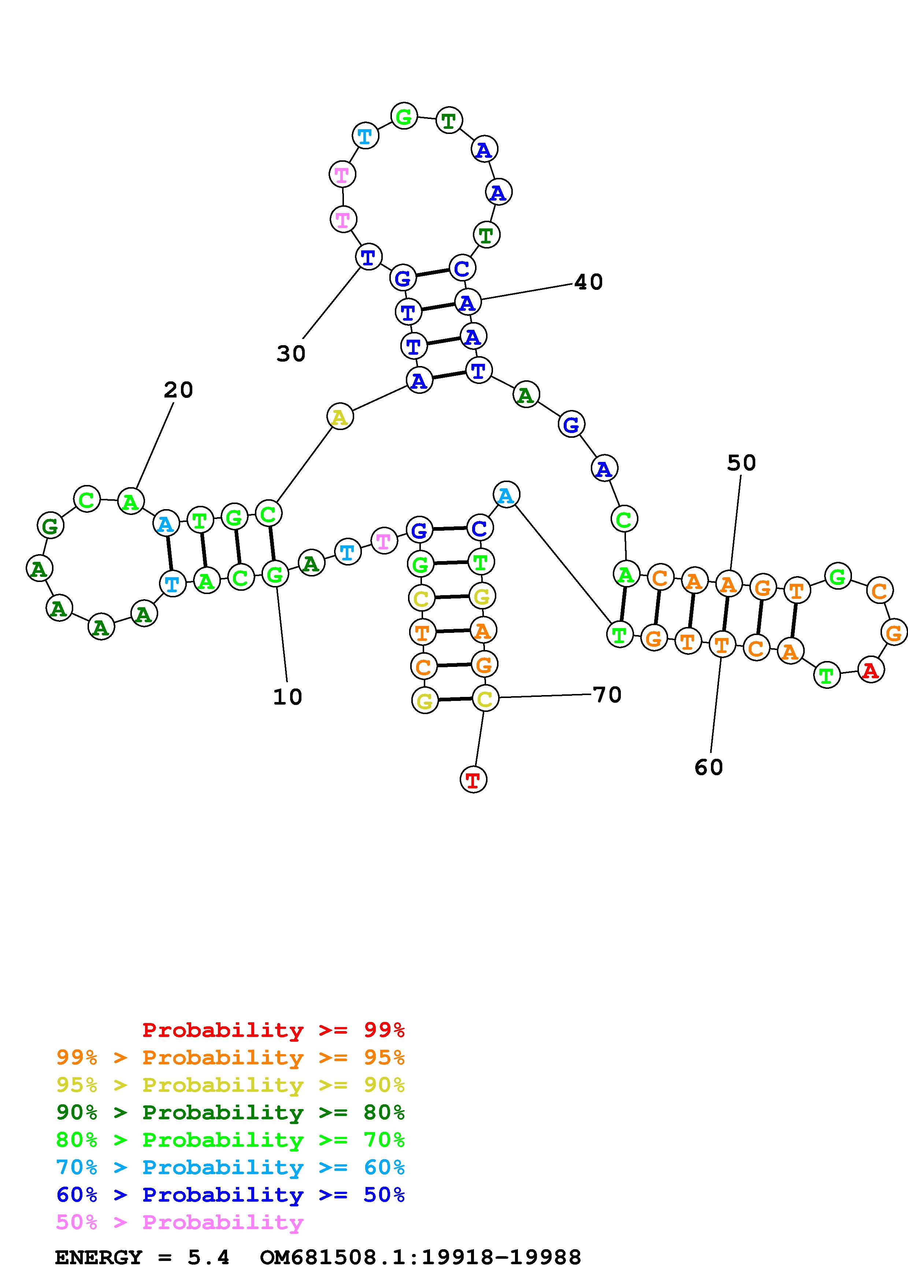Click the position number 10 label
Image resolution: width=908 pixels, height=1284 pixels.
pos(288,697)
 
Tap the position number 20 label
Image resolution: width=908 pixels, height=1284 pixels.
pos(178,390)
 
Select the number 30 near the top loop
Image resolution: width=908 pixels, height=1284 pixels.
pos(291,354)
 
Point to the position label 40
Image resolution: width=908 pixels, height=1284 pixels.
pos(589,282)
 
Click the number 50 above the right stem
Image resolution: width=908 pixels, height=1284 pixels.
pos(741,463)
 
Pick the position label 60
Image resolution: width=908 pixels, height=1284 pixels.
pos(709,767)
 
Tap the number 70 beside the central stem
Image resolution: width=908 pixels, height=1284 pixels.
pos(607,695)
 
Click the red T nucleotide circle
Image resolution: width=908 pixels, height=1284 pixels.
pos(473,780)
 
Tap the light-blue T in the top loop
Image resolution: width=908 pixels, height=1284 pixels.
pos(365,136)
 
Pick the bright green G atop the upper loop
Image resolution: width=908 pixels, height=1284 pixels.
pos(403,116)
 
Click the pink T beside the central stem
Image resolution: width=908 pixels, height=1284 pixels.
pos(383,541)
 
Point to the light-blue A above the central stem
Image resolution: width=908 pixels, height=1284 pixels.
pos(506,495)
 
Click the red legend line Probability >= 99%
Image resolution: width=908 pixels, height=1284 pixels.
pos(274,1030)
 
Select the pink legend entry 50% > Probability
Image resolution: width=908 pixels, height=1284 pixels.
pos(179,1223)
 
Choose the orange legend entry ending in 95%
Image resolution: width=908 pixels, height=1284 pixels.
pos(230,1057)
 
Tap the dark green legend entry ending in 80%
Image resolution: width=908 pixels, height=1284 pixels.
pos(230,1112)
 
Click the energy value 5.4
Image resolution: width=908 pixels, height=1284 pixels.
pos(209,1258)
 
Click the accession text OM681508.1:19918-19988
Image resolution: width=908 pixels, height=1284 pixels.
pos(421,1258)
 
